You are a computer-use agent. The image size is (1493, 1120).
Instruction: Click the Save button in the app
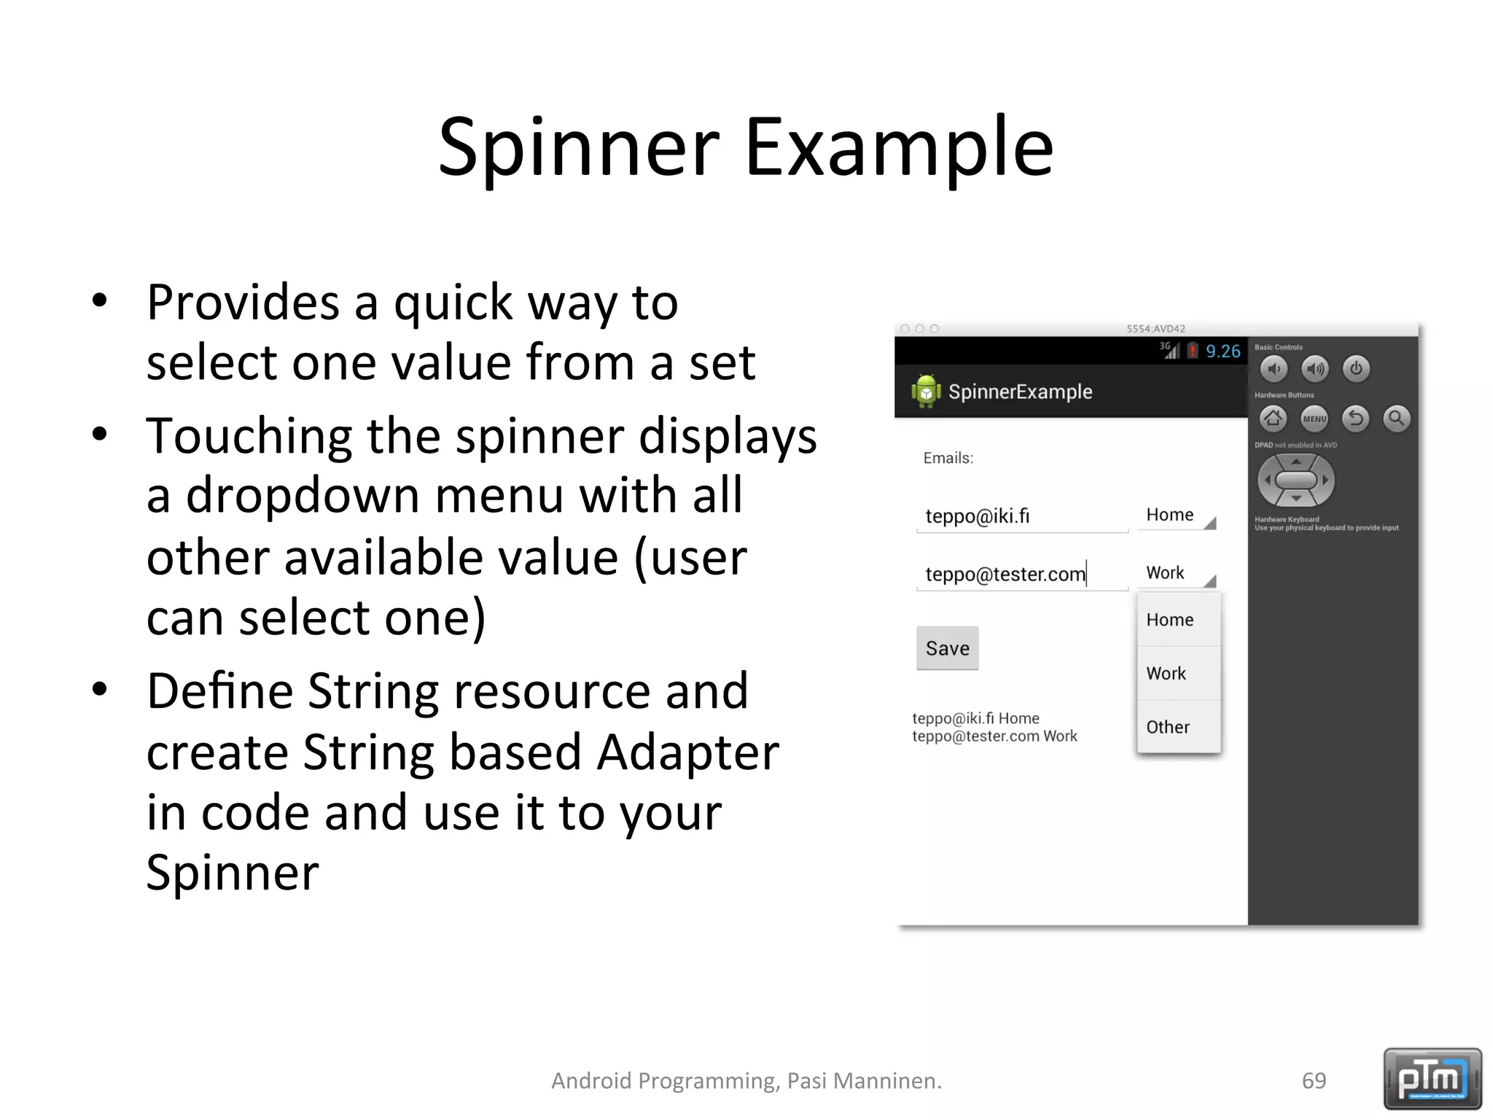947,648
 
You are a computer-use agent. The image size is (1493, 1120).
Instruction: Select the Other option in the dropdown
1168,727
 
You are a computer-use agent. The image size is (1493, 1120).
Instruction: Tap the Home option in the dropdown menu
1170,620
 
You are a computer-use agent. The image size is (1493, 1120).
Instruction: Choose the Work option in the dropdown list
1166,673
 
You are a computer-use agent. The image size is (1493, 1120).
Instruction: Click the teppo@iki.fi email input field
1021,516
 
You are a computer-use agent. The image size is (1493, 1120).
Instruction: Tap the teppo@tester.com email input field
1021,575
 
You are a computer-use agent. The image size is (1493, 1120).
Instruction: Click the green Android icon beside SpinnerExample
926,392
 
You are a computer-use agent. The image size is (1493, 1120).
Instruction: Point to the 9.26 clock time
1223,351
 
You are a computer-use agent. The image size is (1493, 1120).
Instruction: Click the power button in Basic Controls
1356,369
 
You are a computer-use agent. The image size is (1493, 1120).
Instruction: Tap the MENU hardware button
1314,419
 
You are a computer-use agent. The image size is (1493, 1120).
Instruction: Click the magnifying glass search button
1397,419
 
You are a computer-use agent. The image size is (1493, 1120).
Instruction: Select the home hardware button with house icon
1273,419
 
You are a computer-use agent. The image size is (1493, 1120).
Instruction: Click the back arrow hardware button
1356,419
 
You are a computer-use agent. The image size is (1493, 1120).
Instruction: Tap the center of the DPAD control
1296,481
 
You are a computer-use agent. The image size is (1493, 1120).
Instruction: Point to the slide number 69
1314,1081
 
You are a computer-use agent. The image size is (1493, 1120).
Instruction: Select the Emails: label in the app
948,458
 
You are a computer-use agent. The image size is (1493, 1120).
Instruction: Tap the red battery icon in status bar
1193,351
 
